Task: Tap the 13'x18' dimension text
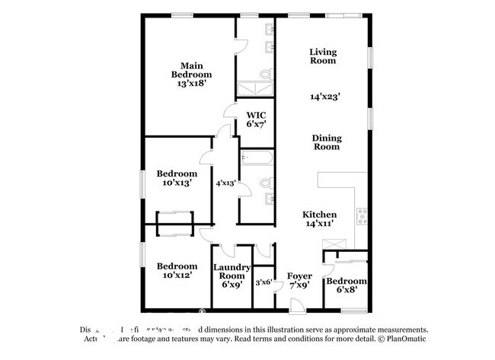click(x=191, y=85)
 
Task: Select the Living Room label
click(x=323, y=56)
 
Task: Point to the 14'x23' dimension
click(x=325, y=97)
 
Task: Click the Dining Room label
click(x=326, y=142)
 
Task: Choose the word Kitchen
click(x=320, y=215)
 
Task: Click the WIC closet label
click(x=255, y=116)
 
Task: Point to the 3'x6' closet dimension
click(x=263, y=283)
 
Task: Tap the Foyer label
click(x=299, y=276)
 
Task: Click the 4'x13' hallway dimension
click(x=225, y=183)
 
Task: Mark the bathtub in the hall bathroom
click(x=257, y=158)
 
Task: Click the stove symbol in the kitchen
click(x=362, y=215)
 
